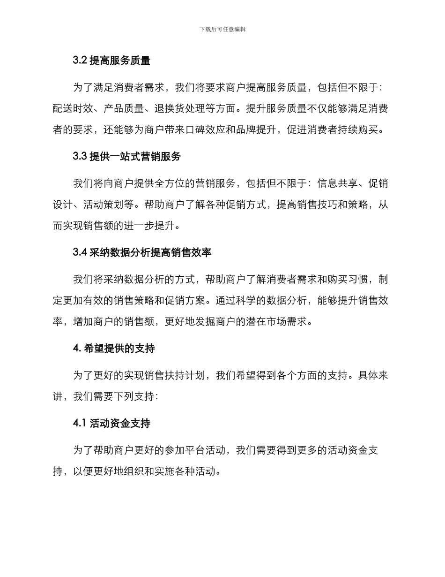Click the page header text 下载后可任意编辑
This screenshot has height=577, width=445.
tap(222, 29)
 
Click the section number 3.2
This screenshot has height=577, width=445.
tap(80, 61)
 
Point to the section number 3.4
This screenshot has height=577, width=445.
tap(80, 252)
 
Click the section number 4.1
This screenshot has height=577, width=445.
tap(80, 424)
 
